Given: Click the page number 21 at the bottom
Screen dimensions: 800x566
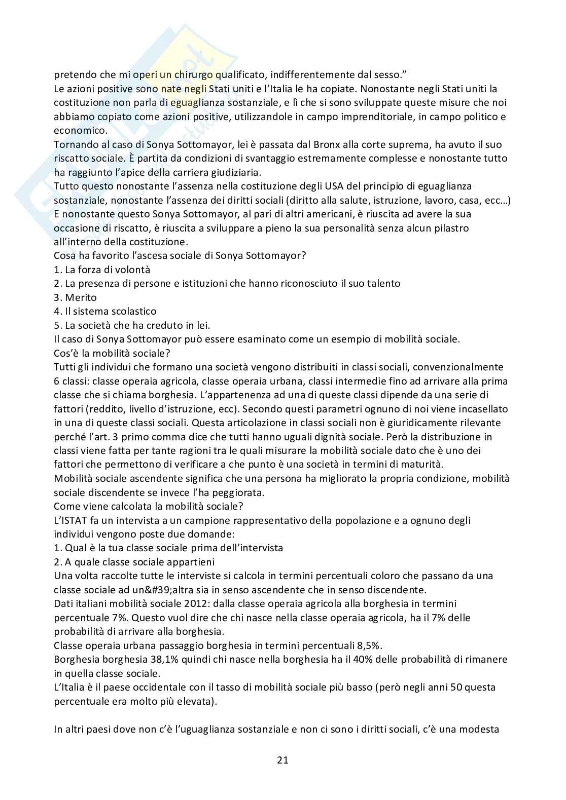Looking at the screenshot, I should pos(283,759).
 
